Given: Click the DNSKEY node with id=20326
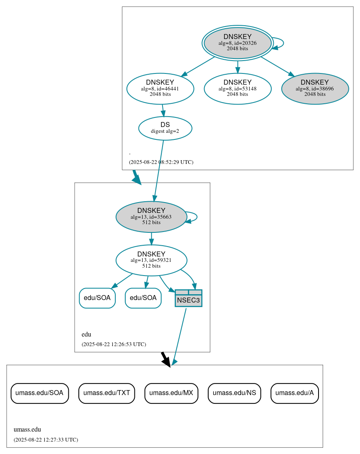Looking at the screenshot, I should click(237, 43).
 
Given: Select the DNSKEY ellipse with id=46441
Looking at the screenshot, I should click(160, 88).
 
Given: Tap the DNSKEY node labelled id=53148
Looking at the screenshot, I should click(237, 88).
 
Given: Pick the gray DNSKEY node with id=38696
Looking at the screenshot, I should click(315, 88).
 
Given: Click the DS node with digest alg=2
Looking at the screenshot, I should click(165, 128).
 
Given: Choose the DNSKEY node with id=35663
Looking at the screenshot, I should click(151, 217).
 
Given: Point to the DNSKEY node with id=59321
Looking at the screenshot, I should click(151, 260).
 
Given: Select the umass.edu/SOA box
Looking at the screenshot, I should click(39, 393).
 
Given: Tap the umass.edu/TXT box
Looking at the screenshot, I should click(107, 393).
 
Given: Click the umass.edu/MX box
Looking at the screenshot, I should click(171, 393).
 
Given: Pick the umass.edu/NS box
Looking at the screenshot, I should click(234, 393).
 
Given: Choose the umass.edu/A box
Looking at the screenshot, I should click(294, 393).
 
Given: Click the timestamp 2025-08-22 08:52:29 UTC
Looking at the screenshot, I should click(161, 162).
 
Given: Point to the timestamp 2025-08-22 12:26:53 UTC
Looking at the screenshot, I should click(114, 344).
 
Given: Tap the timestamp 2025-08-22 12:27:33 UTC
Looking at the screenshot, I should click(46, 440).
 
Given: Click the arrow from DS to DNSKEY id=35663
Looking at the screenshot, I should click(159, 170).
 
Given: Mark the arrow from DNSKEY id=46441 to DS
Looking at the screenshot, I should click(163, 110).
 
